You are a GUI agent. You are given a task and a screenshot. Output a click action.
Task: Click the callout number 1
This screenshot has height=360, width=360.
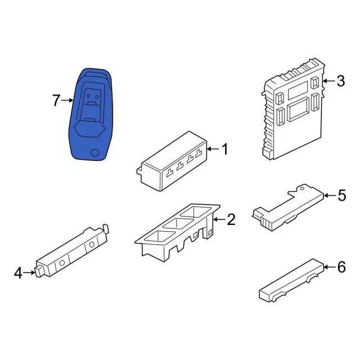(225, 150)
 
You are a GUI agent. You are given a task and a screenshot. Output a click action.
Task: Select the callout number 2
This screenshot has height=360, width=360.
(231, 219)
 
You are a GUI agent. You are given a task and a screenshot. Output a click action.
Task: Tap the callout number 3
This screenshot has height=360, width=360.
(340, 81)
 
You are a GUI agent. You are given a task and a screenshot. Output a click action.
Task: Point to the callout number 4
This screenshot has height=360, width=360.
(18, 273)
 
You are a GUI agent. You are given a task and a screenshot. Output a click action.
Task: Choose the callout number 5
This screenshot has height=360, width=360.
(342, 196)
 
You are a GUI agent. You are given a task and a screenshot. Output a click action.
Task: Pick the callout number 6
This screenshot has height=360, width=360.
(341, 267)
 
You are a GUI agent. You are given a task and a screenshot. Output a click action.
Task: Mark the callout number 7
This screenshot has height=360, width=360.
(56, 101)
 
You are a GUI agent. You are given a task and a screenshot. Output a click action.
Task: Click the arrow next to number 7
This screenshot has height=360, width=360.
(67, 101)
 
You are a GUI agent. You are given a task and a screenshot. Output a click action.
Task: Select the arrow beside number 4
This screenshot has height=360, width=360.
(30, 273)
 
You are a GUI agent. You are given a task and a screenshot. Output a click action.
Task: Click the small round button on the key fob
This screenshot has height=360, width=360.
(95, 152)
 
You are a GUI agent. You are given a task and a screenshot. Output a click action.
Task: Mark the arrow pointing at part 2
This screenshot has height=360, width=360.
(219, 219)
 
